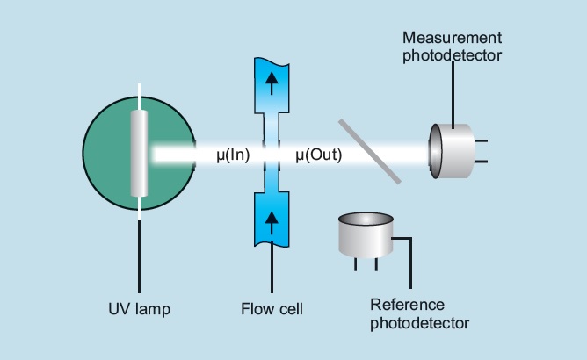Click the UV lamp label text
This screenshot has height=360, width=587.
click(139, 308)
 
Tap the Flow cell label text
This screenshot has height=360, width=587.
click(271, 308)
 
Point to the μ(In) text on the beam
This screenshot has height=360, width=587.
click(235, 155)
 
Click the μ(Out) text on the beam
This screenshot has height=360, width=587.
click(318, 155)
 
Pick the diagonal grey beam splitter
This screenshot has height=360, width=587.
click(369, 151)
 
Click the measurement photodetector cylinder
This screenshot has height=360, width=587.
click(453, 151)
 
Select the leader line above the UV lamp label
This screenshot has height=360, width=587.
click(139, 255)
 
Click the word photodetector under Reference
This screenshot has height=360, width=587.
click(419, 323)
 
